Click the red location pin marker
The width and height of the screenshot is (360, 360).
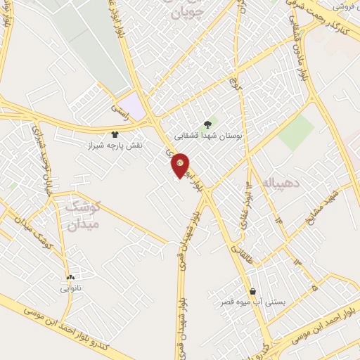181,165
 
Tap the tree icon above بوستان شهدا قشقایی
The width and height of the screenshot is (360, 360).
207,123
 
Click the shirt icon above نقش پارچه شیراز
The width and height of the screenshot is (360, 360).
115,134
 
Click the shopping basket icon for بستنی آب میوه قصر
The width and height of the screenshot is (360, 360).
252,291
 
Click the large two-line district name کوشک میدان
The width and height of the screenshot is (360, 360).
83,215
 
